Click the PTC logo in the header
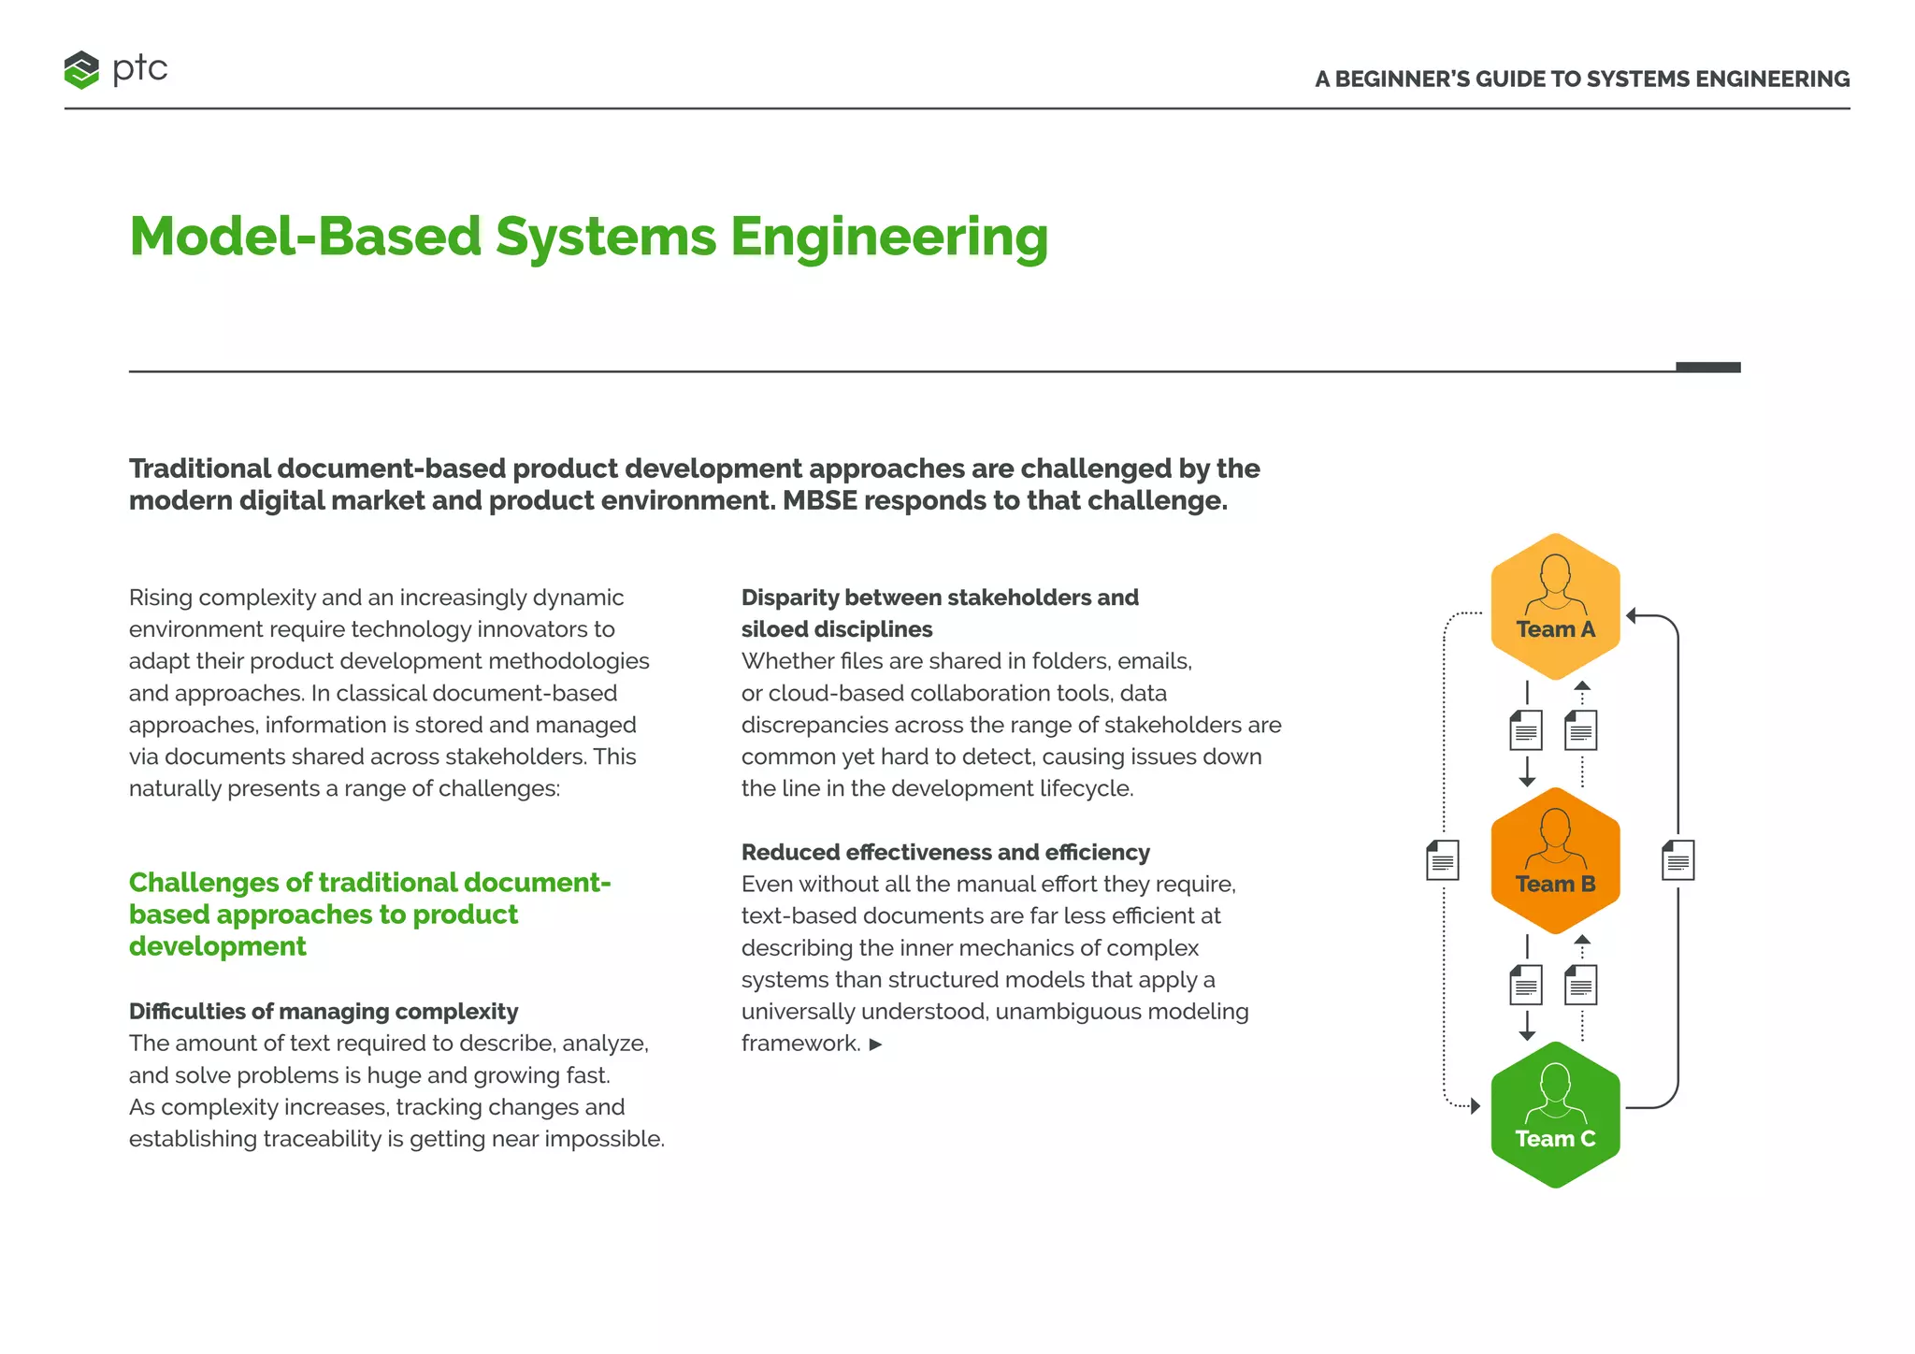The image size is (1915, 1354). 115,69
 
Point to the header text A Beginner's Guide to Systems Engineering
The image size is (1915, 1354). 1581,79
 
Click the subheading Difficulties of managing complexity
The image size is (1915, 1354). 324,1011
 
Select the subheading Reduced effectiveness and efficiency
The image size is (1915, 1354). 945,852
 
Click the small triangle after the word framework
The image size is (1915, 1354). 875,1044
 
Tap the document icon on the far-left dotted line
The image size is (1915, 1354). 1442,860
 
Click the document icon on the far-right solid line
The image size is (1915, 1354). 1677,860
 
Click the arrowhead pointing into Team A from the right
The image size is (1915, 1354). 1631,615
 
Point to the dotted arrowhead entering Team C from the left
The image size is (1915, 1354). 1476,1106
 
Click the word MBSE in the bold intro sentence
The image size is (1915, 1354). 819,501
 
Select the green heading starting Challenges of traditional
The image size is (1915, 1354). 369,914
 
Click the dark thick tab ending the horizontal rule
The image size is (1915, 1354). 1707,367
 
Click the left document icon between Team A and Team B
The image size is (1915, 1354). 1526,730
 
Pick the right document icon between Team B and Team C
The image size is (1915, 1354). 1581,985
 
